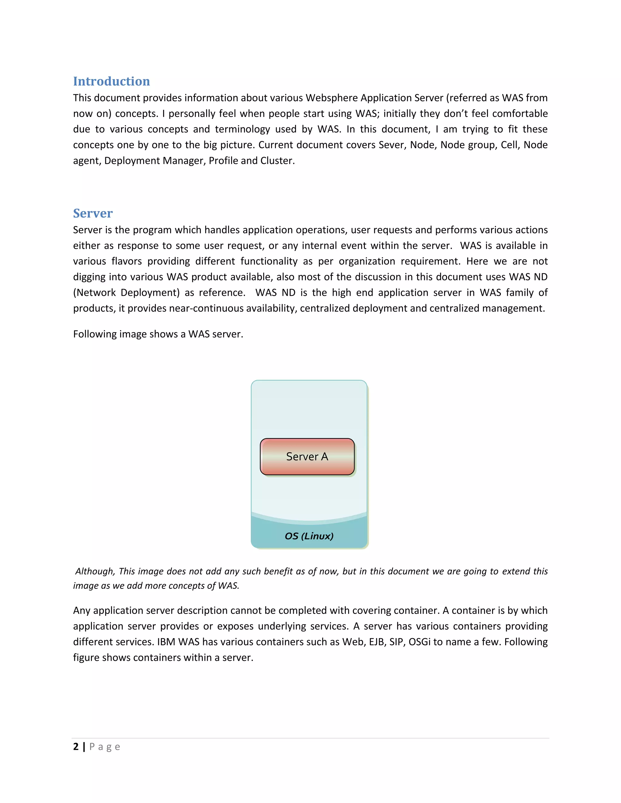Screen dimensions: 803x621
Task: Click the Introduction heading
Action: [112, 81]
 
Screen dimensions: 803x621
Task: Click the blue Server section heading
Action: [93, 213]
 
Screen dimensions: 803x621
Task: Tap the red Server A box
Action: [307, 456]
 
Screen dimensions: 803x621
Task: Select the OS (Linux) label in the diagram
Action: [309, 536]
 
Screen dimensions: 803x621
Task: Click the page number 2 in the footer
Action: [76, 747]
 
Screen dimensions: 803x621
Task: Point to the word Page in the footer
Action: [105, 747]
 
